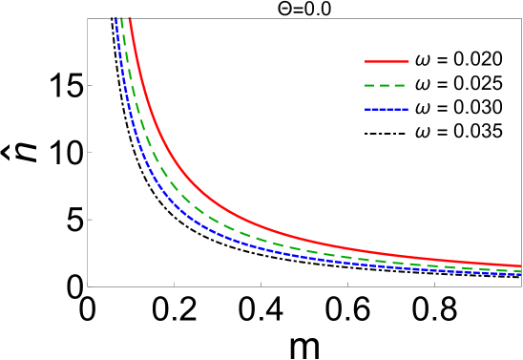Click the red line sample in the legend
point(387,61)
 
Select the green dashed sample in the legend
point(386,85)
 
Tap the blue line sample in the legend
point(387,109)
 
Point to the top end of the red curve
point(129,18)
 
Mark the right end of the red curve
point(520,266)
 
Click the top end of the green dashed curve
point(121,18)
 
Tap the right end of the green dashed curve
point(520,271)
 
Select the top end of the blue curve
point(116,18)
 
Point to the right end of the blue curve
point(520,275)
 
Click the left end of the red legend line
point(366,61)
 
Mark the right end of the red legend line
point(408,61)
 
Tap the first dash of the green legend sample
point(369,85)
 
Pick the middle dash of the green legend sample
point(386,85)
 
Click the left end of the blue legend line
point(366,109)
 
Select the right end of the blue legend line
point(408,109)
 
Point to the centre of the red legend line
point(387,61)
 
